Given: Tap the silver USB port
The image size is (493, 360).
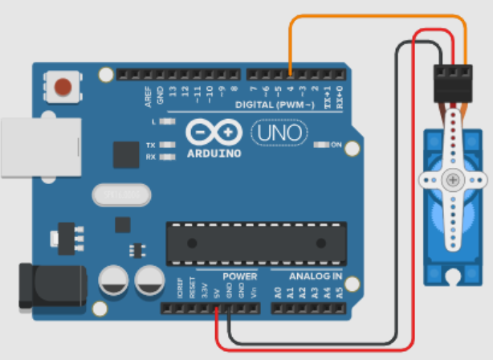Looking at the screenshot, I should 40,147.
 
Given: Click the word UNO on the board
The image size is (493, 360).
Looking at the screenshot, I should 279,131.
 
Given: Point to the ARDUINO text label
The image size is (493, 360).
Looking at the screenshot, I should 214,152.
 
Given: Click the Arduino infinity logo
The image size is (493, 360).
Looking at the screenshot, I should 214,131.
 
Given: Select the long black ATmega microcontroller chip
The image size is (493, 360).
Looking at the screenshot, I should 256,243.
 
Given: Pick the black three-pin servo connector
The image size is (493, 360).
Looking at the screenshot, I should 453,84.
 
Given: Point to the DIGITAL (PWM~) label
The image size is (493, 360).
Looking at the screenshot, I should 278,104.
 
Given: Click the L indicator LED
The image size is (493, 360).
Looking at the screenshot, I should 166,121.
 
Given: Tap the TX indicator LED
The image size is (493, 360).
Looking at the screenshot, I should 167,145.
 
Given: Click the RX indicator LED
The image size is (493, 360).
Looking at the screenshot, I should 167,157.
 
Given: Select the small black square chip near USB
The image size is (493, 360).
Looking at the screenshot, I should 126,155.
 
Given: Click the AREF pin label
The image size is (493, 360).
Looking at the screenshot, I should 149,95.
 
